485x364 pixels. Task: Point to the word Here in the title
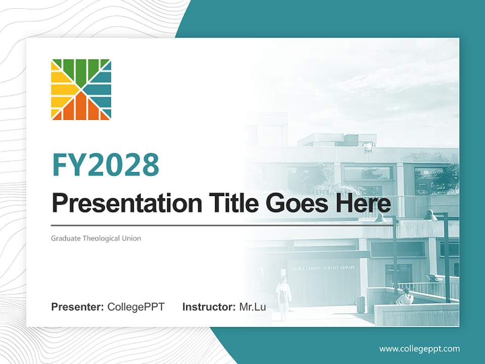[365, 203]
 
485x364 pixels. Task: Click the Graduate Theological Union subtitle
[96, 238]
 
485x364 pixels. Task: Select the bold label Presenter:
[78, 307]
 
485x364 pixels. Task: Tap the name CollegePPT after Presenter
[136, 307]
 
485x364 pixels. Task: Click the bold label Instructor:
[209, 307]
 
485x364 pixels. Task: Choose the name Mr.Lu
[253, 307]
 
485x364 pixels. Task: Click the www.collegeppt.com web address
[419, 348]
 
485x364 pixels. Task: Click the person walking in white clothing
[284, 298]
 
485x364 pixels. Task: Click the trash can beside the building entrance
[360, 304]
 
